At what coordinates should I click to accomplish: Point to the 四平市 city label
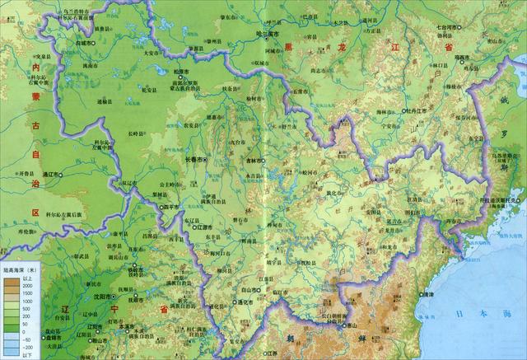coord(170,207)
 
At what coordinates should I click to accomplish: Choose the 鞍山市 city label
coord(99,339)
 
